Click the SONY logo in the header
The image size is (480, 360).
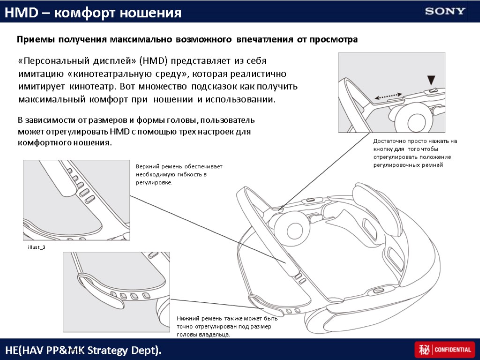[x=445, y=11]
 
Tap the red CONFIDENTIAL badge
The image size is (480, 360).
[x=444, y=349]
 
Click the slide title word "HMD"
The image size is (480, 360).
[x=21, y=13]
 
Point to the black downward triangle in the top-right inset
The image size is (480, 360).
[x=431, y=80]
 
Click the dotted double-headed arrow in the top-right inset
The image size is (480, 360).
[x=388, y=96]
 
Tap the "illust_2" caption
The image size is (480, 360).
[x=37, y=247]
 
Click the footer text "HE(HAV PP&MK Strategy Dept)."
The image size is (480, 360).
[x=83, y=350]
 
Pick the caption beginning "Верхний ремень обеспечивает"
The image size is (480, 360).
[x=179, y=174]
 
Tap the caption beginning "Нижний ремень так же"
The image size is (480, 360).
[x=227, y=326]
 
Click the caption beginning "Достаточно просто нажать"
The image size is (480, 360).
[x=415, y=153]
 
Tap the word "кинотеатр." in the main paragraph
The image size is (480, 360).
[x=92, y=87]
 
